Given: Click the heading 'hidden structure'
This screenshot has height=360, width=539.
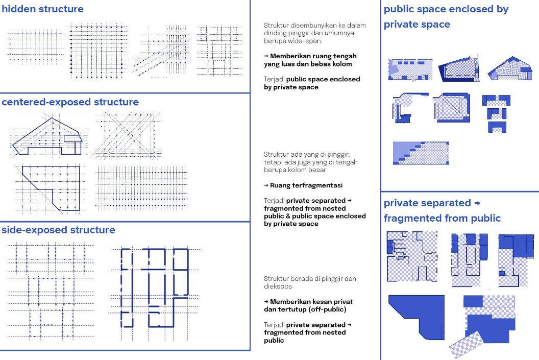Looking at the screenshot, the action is (x=43, y=9).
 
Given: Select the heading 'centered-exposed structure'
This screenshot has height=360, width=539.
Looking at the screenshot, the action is (x=70, y=102).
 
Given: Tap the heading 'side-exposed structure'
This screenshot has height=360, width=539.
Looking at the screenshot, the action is (x=58, y=230).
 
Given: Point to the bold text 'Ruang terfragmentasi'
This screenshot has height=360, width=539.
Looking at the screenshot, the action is (x=306, y=185).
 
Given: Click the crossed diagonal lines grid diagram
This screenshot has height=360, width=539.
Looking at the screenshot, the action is (x=127, y=135).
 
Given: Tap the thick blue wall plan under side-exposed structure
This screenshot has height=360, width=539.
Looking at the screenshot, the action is (x=154, y=287).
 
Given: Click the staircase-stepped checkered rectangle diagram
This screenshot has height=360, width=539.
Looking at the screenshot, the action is (x=421, y=153).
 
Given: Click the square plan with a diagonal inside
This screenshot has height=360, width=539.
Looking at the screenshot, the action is (x=451, y=107).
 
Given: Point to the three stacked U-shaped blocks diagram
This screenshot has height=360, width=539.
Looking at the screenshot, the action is (x=496, y=113).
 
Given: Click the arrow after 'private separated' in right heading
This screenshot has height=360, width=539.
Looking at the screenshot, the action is (x=477, y=204).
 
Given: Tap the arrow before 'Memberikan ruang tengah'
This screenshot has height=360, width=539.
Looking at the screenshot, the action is (x=266, y=56).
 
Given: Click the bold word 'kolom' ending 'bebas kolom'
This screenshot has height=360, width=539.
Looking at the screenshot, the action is (x=342, y=64).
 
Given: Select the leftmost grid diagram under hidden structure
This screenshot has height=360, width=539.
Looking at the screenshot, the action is (x=36, y=47).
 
